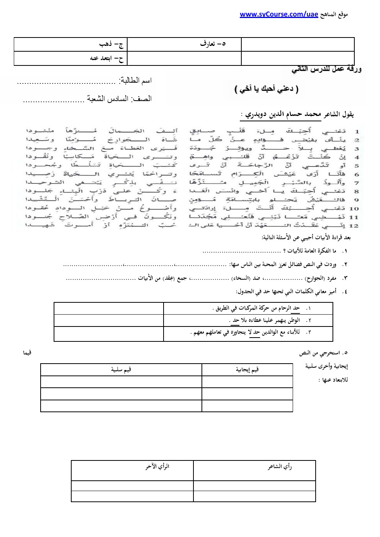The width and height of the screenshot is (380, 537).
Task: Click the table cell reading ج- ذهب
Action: click(x=111, y=44)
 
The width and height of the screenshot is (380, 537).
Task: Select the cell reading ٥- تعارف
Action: click(x=213, y=44)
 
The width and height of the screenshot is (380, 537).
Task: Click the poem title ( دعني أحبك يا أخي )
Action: click(x=266, y=89)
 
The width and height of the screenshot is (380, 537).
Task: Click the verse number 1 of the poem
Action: click(x=356, y=131)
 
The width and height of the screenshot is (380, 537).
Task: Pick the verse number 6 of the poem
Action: click(x=356, y=174)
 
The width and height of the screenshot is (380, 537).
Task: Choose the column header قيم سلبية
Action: click(x=121, y=369)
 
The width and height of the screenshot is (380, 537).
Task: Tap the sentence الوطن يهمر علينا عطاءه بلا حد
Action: click(x=264, y=320)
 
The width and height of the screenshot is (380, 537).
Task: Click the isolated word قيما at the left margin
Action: click(x=28, y=353)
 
